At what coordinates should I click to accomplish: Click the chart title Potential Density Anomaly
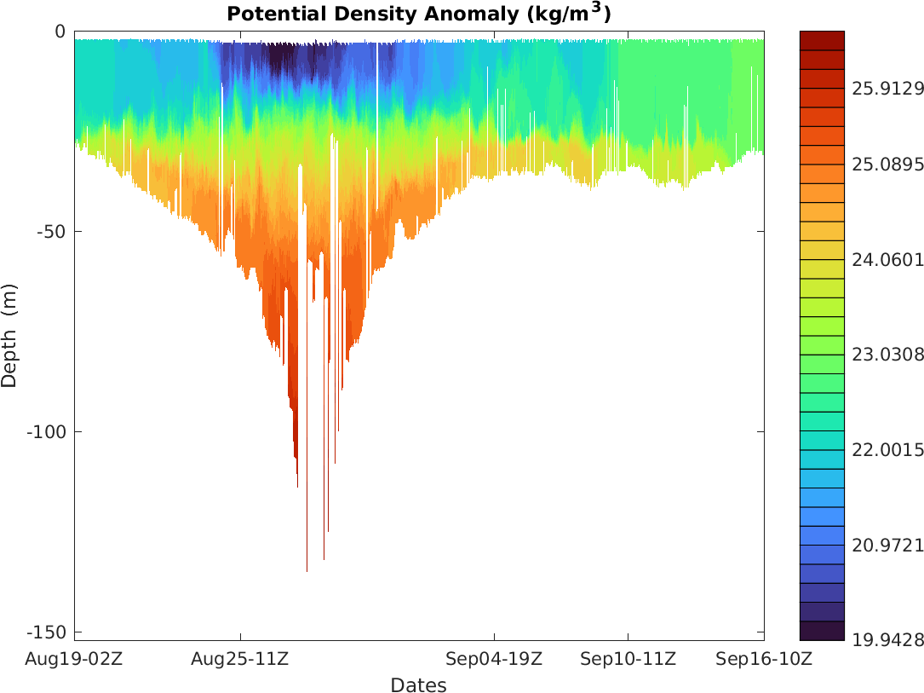pos(418,14)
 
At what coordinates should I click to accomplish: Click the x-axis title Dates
pos(418,685)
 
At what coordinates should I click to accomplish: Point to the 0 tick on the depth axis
pos(60,32)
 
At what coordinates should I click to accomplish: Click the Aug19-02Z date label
pos(74,659)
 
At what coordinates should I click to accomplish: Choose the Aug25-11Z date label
pos(240,659)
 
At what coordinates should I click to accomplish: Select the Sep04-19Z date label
pos(494,659)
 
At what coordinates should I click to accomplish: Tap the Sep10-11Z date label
pos(628,659)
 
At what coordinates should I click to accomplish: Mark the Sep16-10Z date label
pos(763,659)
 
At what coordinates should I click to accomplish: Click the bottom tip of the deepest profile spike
pos(307,571)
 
